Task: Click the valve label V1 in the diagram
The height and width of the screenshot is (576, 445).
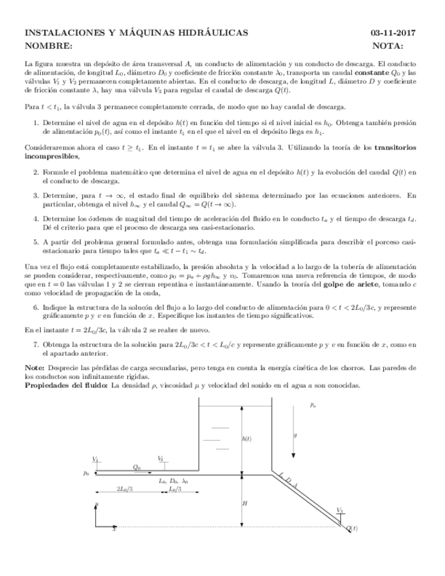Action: coord(95,459)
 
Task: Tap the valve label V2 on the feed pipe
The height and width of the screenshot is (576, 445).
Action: coord(160,459)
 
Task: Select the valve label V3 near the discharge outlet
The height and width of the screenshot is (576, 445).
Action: coord(340,509)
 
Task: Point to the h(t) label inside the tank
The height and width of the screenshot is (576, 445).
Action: coord(247,439)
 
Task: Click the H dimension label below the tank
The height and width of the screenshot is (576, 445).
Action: coord(245,503)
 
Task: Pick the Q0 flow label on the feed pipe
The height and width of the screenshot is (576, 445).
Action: coord(137,467)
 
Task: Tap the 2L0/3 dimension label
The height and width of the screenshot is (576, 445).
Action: coord(124,489)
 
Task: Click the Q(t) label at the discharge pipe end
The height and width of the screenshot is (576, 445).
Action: coord(352,528)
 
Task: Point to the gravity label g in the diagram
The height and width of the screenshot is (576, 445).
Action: coord(295,435)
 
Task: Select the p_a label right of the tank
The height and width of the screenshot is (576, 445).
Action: coord(313,405)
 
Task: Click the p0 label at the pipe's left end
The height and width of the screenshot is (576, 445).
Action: coord(86,473)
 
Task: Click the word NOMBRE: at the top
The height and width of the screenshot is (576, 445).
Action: coord(48,46)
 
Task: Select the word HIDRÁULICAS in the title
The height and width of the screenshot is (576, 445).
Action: coord(213,33)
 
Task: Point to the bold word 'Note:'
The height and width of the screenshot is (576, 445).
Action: coord(34,367)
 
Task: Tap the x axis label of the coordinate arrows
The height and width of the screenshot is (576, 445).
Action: coord(114,528)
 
